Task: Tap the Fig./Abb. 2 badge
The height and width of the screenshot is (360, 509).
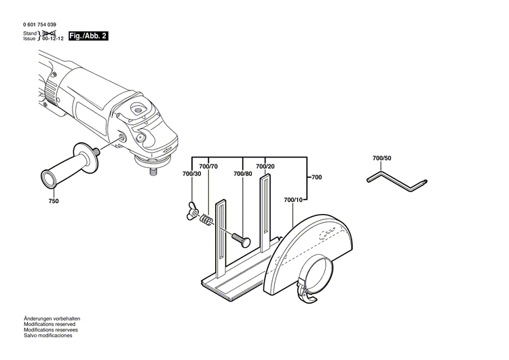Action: coord(83,35)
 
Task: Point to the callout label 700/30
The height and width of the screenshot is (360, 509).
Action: coord(191,175)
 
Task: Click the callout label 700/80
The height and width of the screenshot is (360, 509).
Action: coord(242,175)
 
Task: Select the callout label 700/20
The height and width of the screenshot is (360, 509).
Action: coord(265,166)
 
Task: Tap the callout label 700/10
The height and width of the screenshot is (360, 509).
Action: coord(294,199)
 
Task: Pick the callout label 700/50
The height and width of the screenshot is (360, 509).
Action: coord(382,158)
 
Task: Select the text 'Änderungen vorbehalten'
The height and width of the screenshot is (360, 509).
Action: coord(52,319)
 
